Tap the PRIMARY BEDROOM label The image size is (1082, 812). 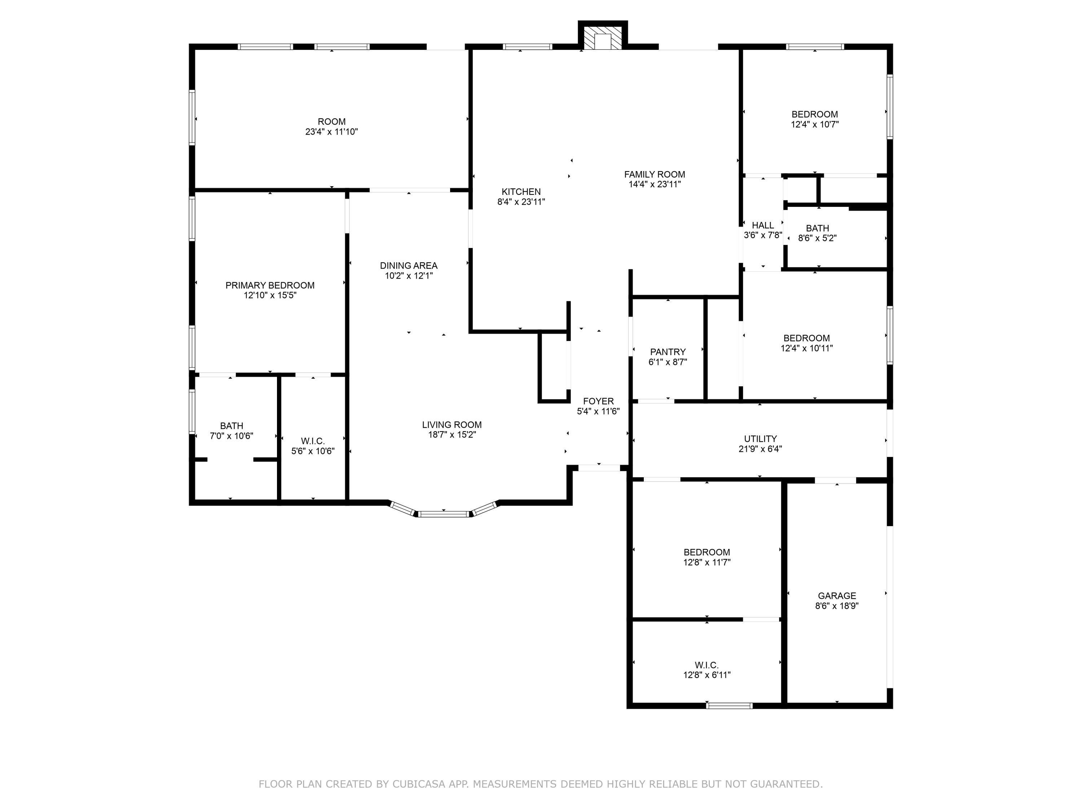coord(270,285)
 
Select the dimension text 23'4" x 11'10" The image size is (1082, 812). coord(332,132)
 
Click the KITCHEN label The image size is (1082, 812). coord(521,192)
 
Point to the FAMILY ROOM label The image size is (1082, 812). coord(655,174)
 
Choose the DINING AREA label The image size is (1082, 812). coord(408,266)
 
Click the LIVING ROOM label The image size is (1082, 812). coord(452,425)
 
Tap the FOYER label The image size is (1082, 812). coord(598,401)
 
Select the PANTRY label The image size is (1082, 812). coord(668,352)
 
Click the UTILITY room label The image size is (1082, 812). coord(760,439)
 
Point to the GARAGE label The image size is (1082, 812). coord(837,596)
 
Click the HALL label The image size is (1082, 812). coord(762,225)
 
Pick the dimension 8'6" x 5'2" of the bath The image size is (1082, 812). coord(817,238)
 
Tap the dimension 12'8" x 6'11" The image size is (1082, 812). coord(707,675)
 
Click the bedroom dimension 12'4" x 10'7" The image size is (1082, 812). coord(814,124)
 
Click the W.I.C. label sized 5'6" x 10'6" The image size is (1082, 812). coord(313,441)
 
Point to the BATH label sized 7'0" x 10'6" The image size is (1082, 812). coord(232,426)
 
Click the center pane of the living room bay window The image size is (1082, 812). coord(444,514)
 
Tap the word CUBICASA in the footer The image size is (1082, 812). coord(418,784)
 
